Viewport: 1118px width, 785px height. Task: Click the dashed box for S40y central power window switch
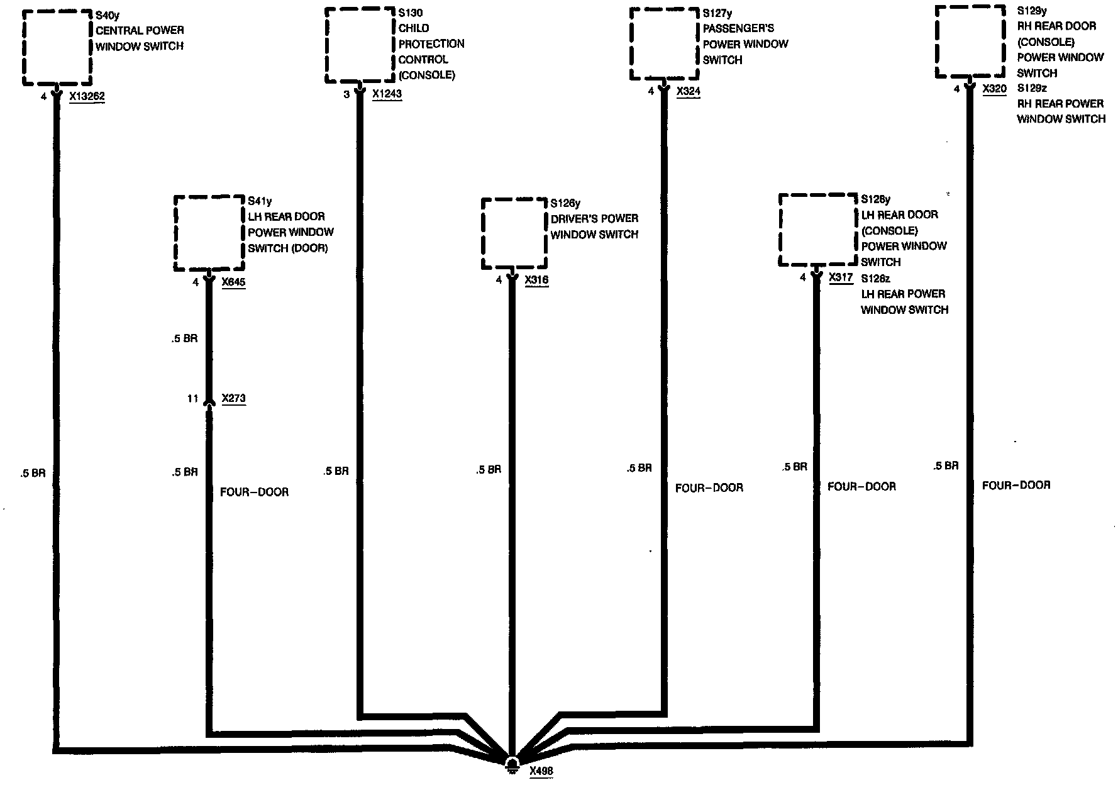[57, 47]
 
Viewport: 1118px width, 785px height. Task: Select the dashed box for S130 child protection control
[360, 45]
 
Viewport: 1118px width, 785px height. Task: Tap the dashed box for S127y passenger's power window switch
[665, 44]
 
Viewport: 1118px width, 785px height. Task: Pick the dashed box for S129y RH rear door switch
[969, 42]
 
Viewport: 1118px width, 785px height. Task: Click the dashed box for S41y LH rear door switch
[209, 233]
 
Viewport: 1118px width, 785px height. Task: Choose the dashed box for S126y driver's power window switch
[514, 234]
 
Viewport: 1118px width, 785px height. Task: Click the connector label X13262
[87, 97]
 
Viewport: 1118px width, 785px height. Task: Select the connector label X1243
[387, 94]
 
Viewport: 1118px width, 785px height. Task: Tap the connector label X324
[689, 92]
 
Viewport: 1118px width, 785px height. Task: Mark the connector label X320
[994, 89]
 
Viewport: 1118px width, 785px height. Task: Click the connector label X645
[233, 282]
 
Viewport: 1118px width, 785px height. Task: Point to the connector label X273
[233, 399]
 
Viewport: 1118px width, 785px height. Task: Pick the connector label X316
[536, 280]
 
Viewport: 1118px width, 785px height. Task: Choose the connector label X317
[841, 277]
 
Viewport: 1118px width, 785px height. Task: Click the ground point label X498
[541, 771]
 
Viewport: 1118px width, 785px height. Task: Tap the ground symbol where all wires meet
[512, 763]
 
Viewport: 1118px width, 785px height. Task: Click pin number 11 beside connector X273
[192, 399]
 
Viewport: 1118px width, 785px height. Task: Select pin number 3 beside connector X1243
[346, 94]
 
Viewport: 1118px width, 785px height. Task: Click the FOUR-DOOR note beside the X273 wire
[254, 492]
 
